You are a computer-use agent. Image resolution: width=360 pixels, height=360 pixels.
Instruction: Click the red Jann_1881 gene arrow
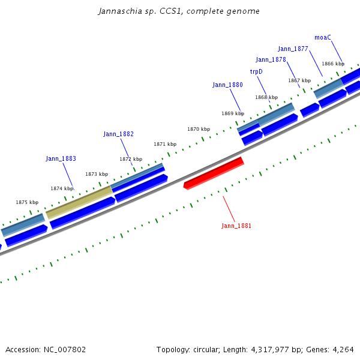214,173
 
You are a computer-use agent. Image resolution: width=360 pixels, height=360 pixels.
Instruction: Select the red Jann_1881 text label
236,226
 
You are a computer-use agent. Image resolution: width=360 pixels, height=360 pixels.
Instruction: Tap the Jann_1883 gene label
61,159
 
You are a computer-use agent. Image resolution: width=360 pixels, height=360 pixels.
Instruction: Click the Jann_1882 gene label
118,134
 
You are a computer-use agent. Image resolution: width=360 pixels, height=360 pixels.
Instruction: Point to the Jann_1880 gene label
227,85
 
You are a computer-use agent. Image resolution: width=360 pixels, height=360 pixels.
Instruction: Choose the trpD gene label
256,72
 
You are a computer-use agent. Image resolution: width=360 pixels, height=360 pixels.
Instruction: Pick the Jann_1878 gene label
271,60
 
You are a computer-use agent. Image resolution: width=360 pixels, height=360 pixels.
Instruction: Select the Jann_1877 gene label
293,49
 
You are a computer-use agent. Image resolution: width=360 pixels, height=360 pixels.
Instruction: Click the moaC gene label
323,38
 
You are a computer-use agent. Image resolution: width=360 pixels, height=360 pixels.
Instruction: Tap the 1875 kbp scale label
27,203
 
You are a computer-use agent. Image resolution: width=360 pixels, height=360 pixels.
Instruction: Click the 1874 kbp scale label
62,188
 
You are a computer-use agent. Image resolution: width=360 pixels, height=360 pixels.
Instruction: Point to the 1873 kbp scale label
96,174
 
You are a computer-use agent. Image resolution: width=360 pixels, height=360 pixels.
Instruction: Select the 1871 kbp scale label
165,144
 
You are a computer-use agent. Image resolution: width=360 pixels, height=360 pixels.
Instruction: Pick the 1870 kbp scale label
199,129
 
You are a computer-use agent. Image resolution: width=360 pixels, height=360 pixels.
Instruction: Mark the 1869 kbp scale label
233,113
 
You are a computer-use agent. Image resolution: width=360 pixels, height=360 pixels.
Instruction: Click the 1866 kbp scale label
333,64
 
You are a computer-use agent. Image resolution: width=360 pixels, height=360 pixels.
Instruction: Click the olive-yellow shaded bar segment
79,202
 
